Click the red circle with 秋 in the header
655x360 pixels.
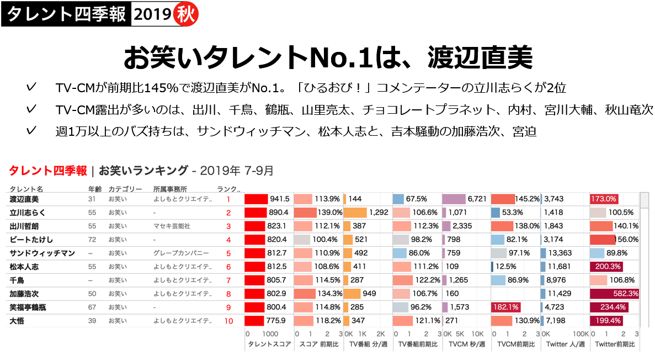[x=185, y=14]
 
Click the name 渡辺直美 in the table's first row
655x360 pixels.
[x=24, y=199]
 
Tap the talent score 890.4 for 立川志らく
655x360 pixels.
[x=278, y=213]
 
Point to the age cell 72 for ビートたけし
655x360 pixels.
[x=92, y=240]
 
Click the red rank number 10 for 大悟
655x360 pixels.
[x=228, y=321]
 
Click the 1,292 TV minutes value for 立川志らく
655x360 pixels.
[x=379, y=213]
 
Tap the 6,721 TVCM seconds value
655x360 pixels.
[x=477, y=199]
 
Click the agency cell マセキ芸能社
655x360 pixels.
[x=172, y=226]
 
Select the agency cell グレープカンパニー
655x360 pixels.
[x=181, y=253]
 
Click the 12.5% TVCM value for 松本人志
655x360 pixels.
[x=504, y=267]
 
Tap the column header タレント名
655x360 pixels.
[x=26, y=188]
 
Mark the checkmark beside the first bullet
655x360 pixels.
[x=31, y=87]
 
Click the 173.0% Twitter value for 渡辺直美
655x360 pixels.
[x=604, y=199]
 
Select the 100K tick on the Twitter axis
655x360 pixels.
[x=581, y=334]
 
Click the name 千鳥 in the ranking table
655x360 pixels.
[x=17, y=280]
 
